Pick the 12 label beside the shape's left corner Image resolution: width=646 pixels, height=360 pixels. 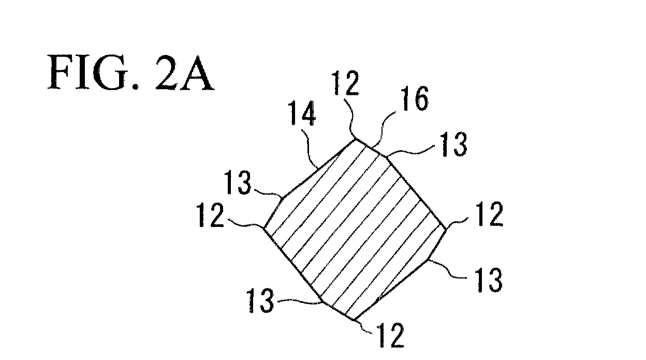click(x=210, y=215)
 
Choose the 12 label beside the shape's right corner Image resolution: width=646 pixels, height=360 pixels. click(x=489, y=213)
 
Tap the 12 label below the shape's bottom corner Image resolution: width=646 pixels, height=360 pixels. click(x=390, y=335)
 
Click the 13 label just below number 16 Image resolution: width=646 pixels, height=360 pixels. click(x=454, y=144)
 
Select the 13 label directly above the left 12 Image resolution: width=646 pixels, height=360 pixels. click(x=238, y=182)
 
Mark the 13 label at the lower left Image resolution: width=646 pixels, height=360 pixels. click(x=260, y=300)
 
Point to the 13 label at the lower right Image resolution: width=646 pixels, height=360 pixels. click(x=489, y=280)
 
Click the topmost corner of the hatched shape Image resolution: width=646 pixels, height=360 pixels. click(x=355, y=139)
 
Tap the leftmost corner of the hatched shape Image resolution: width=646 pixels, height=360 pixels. click(x=264, y=228)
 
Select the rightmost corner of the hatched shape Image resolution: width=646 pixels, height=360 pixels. click(x=446, y=229)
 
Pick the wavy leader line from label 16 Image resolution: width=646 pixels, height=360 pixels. click(x=383, y=131)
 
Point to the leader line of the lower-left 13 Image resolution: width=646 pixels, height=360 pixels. click(x=300, y=301)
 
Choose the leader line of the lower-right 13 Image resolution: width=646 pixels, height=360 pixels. click(x=447, y=270)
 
